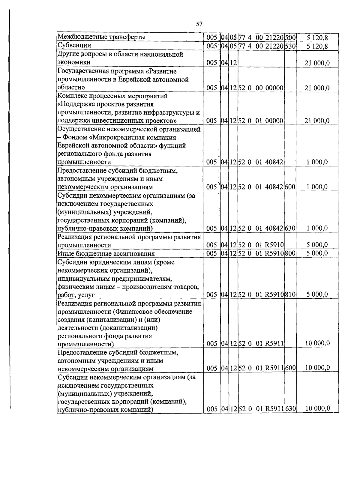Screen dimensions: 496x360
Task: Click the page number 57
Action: [x=199, y=24]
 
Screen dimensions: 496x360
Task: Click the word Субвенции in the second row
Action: [x=74, y=45]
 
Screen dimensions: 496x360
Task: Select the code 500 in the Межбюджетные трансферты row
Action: [x=290, y=37]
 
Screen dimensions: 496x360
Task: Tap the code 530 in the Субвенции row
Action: [x=290, y=46]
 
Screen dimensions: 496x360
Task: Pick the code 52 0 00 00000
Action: [x=261, y=88]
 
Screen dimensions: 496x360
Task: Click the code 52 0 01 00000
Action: [x=261, y=121]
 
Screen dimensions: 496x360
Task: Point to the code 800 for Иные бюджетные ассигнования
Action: [x=290, y=253]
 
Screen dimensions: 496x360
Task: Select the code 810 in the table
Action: [x=290, y=294]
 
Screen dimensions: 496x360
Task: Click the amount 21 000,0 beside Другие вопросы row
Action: [x=317, y=63]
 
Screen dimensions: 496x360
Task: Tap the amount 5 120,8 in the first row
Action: [x=317, y=37]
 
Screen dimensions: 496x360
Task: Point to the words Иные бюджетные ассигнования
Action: [x=106, y=254]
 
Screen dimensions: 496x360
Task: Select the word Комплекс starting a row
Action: [x=71, y=96]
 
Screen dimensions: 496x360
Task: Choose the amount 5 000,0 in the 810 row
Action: [x=317, y=294]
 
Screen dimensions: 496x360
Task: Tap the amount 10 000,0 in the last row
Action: [x=317, y=408]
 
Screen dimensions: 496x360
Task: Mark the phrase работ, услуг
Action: [x=76, y=295]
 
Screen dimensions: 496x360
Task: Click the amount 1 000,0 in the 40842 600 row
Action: [x=317, y=187]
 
